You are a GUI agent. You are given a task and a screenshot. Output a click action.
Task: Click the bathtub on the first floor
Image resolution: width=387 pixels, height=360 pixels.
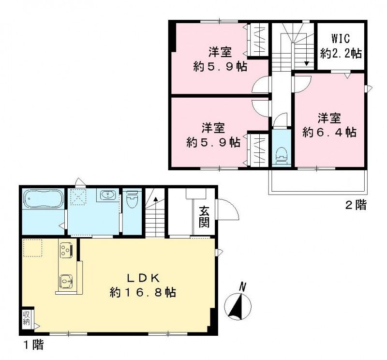pos(44,199)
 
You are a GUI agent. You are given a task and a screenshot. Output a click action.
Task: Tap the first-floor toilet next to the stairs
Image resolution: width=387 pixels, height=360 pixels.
pos(132,199)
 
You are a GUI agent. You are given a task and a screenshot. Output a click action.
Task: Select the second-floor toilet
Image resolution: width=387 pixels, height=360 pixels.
pos(282,156)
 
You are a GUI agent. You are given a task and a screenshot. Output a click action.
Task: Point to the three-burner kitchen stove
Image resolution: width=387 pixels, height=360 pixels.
pos(66,249)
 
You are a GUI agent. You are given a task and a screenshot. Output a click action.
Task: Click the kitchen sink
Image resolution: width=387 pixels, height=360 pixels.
pos(66,282)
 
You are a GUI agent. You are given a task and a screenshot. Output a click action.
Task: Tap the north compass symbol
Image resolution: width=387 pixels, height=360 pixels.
pos(238,304)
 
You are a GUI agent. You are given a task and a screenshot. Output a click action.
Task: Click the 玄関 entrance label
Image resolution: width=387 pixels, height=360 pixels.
pos(205,217)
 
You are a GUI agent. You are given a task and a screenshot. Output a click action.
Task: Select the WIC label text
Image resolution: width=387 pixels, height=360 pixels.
pos(341,39)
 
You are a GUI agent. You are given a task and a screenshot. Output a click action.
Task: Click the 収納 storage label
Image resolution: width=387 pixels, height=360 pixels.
pos(27,318)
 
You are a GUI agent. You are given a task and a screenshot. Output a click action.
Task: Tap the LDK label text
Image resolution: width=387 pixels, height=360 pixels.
pos(144,279)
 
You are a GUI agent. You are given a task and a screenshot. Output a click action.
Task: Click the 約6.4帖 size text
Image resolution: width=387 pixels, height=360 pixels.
pos(329,133)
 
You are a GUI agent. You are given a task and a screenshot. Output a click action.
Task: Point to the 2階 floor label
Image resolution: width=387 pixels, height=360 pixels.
pos(356,205)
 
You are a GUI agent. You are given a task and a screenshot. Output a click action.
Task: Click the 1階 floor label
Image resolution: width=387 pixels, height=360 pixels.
pos(33,345)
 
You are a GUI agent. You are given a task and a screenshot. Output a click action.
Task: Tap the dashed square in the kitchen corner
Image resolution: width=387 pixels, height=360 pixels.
pos(32,248)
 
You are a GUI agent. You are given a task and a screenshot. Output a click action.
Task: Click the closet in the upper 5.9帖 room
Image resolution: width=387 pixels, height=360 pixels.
pos(258,40)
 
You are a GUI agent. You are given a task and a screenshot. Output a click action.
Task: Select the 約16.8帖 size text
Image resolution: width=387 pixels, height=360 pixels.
pos(143,293)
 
